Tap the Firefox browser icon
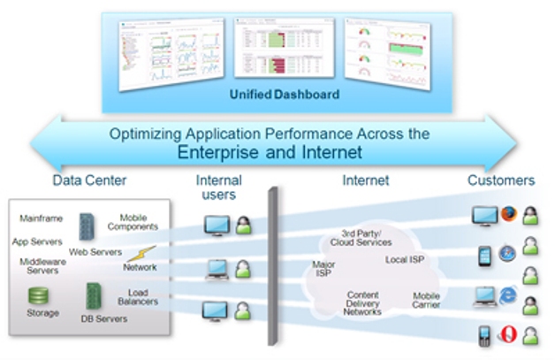507,214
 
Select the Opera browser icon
506,334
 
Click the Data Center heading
88,180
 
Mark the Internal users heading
218,187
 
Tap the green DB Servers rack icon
93,295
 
